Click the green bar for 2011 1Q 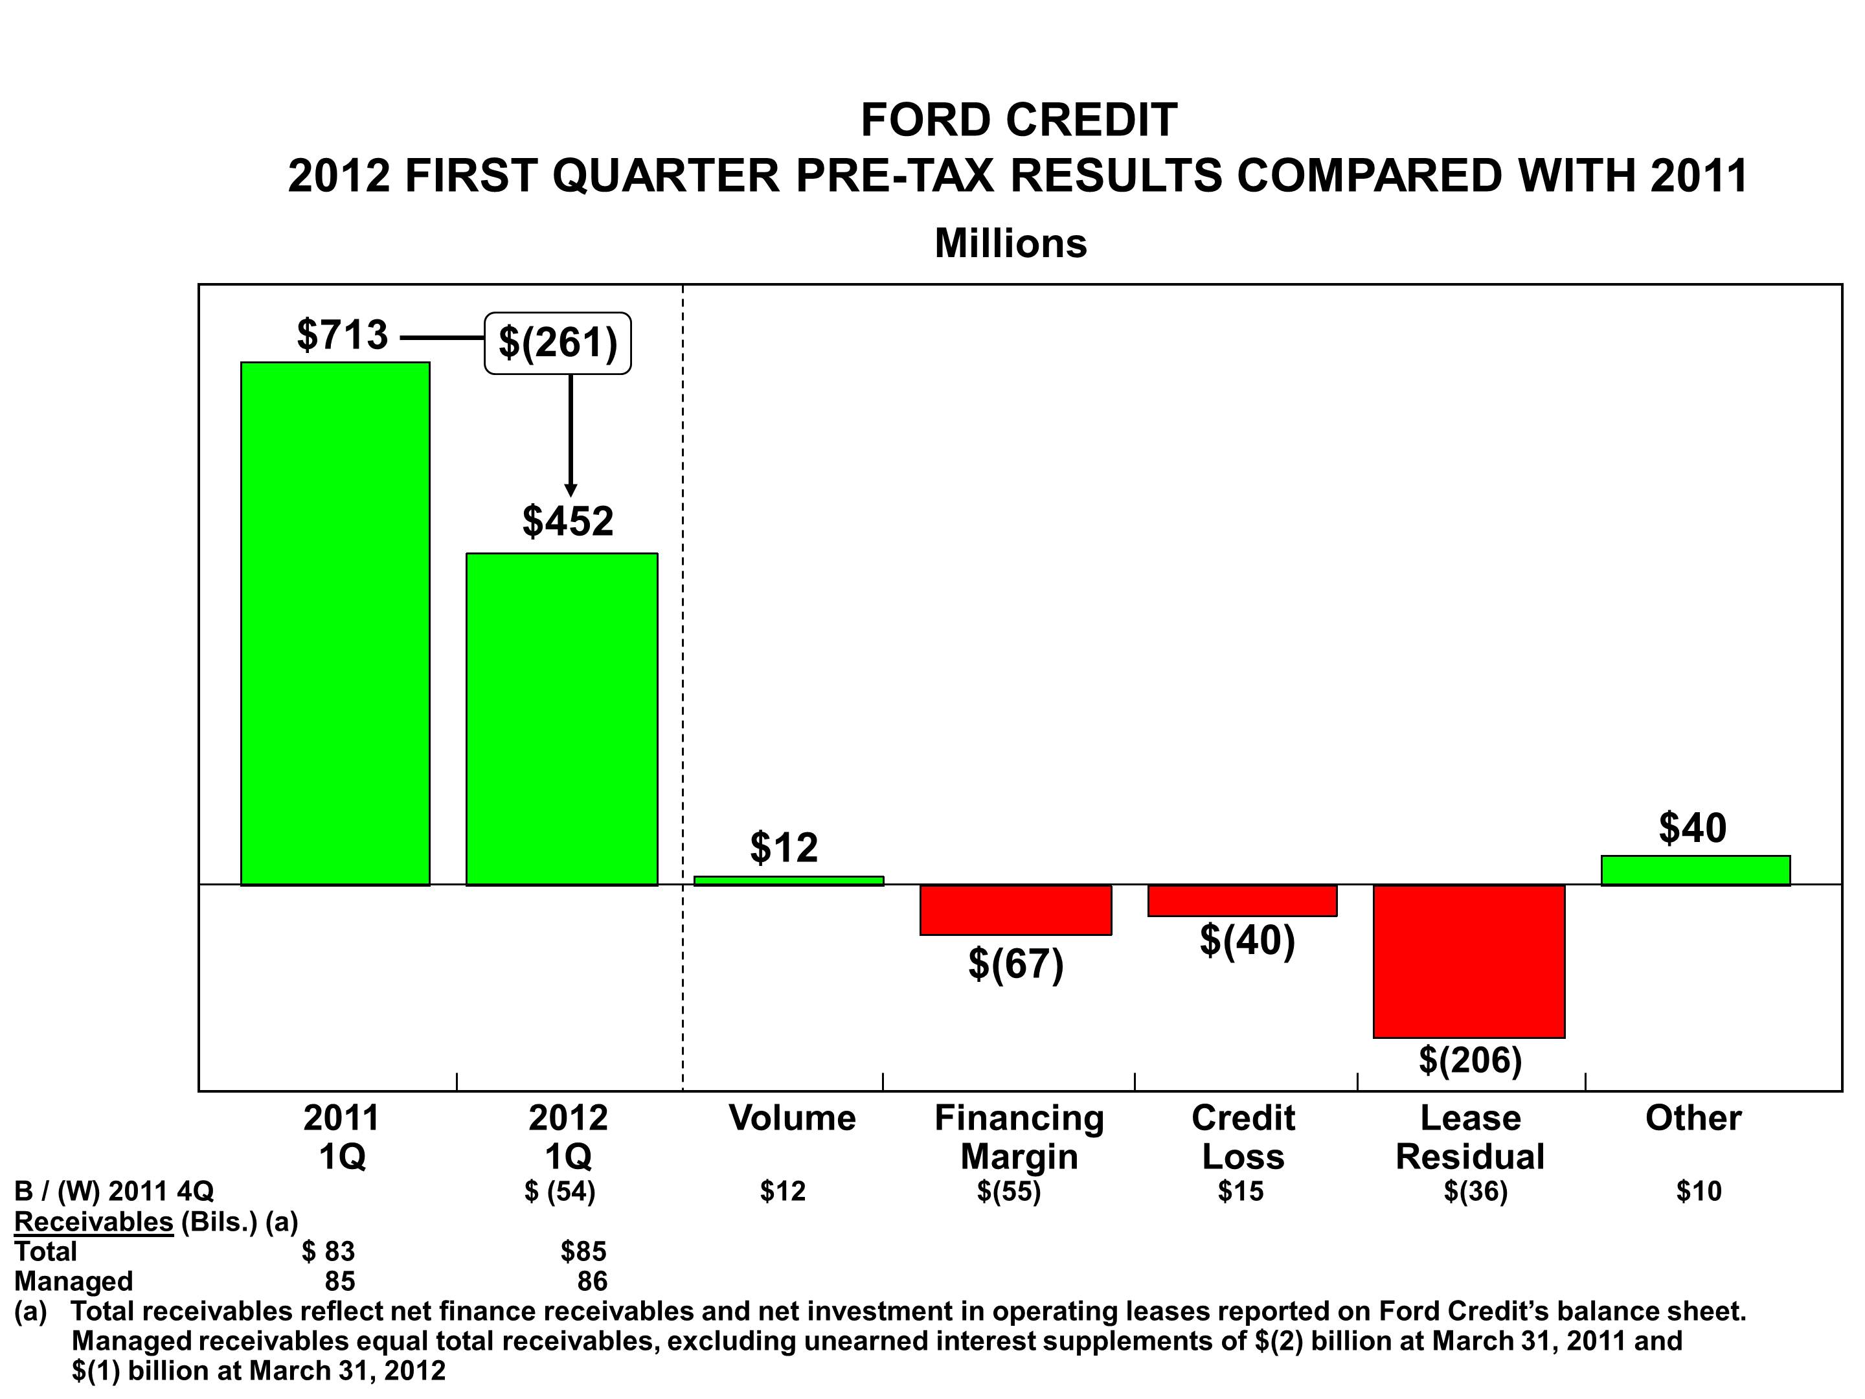(x=335, y=623)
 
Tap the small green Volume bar (x=788, y=880)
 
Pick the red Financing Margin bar (x=1015, y=909)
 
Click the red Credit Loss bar (x=1242, y=900)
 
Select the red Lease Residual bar (x=1469, y=961)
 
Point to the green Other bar (x=1695, y=870)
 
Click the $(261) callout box (x=558, y=343)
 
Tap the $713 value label (x=343, y=335)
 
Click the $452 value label (x=567, y=521)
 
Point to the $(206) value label (x=1469, y=1060)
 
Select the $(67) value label (x=1015, y=963)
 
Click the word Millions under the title (x=1010, y=244)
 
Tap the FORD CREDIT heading (x=1019, y=120)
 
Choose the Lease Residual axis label (x=1469, y=1137)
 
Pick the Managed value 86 (x=592, y=1281)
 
